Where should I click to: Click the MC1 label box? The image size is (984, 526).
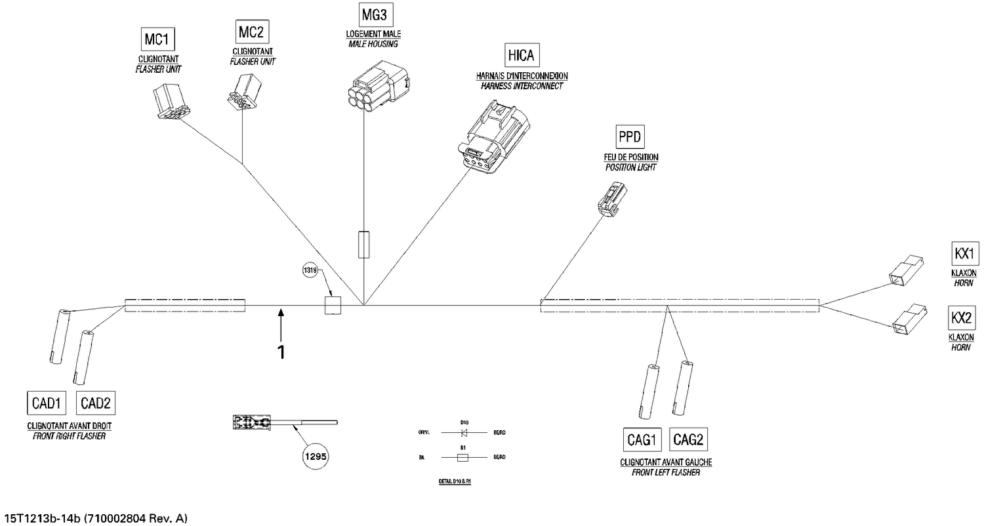coord(157,40)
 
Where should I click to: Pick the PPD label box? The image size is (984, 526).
coord(630,137)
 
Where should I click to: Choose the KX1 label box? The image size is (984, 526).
coord(964,253)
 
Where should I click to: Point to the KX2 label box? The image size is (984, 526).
coord(961,318)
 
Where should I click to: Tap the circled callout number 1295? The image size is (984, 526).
coord(316,455)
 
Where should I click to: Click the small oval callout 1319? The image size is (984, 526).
coord(310,270)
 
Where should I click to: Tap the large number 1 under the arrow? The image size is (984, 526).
coord(281,353)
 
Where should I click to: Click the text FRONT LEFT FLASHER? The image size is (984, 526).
coord(665,472)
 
